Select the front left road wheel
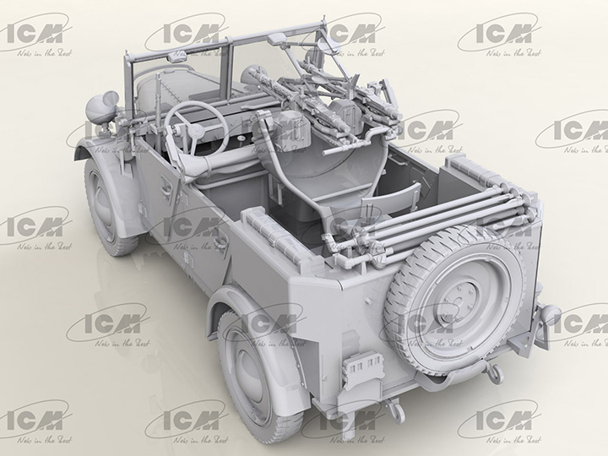tap(114, 201)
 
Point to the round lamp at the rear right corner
tap(551, 316)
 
